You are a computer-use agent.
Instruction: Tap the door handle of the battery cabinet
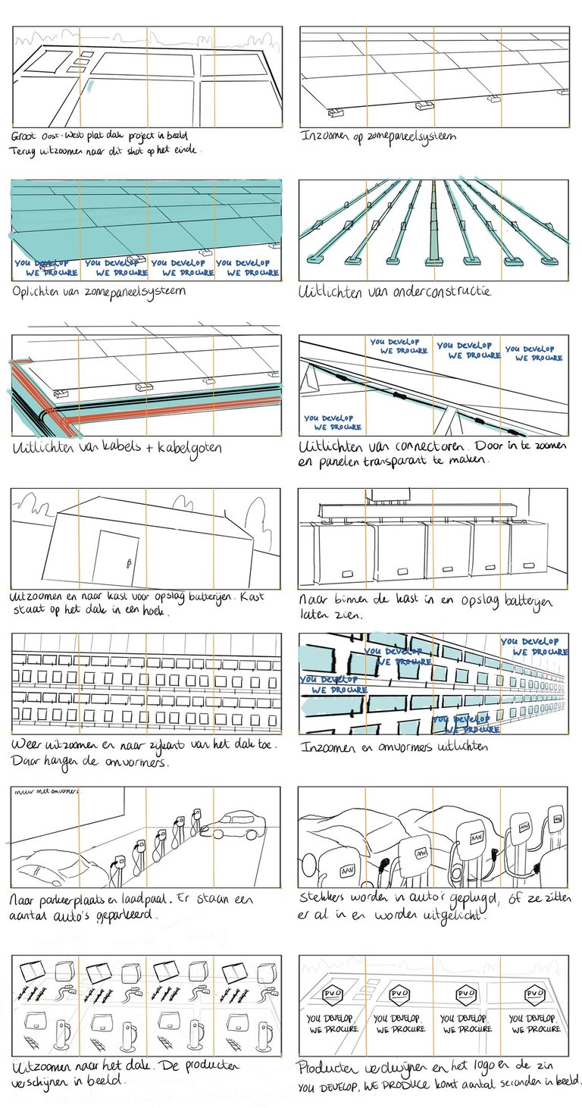(x=130, y=562)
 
